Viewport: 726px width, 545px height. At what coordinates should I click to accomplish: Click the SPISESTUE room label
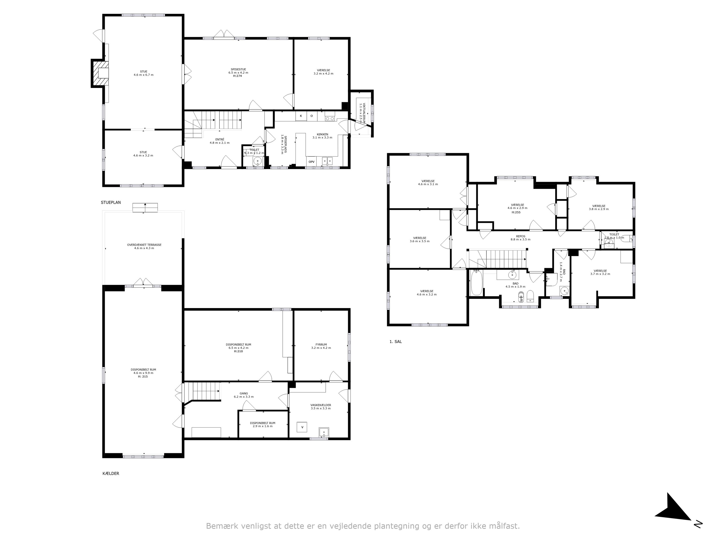238,69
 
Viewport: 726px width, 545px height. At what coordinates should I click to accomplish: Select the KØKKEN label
322,134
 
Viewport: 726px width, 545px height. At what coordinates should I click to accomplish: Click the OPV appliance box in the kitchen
311,162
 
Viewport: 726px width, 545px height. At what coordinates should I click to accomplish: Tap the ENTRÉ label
219,139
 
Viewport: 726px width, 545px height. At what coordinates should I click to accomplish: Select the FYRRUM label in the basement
321,345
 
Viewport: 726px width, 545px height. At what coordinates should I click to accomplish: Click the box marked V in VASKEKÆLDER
302,427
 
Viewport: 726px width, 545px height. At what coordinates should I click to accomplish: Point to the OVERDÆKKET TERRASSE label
144,245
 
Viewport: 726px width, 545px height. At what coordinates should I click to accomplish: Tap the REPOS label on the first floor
521,236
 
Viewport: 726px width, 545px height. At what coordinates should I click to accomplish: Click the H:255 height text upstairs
516,212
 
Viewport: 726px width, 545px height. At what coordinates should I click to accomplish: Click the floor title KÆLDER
111,473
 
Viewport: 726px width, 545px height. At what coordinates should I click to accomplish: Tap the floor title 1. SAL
395,342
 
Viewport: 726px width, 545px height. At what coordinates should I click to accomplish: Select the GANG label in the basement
243,393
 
